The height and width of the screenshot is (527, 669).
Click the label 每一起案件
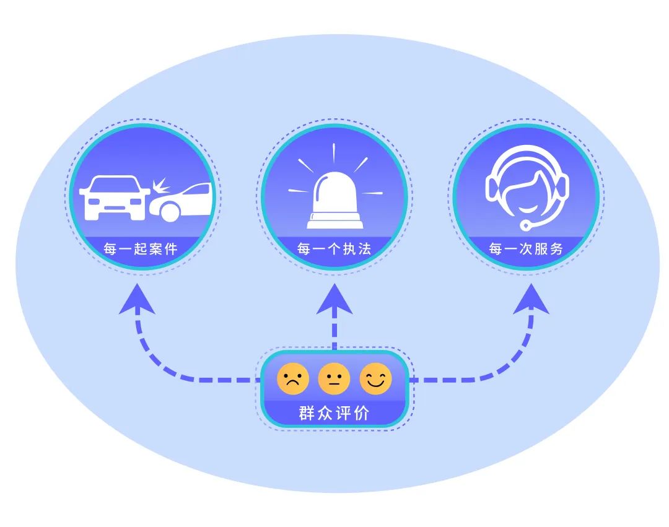tap(141, 250)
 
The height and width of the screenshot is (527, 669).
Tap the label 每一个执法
tap(334, 250)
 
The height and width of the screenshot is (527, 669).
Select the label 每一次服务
tap(526, 250)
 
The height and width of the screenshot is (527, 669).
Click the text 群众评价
tap(334, 413)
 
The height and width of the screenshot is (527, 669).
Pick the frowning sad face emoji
tap(293, 380)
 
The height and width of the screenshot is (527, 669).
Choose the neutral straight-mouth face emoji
tap(334, 380)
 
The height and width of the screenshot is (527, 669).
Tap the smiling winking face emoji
tap(375, 380)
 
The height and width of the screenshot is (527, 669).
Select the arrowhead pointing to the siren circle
tap(334, 300)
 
